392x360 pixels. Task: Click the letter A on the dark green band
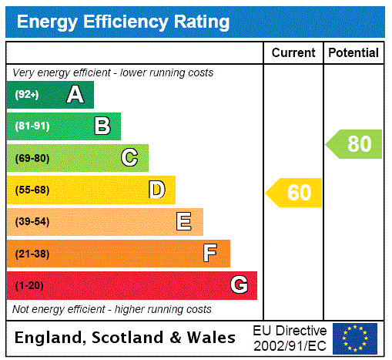75,95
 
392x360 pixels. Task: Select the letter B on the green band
102,126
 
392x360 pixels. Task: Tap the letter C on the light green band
129,158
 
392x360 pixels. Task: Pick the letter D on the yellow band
156,190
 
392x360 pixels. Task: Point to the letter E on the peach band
184,222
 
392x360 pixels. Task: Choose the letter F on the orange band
210,254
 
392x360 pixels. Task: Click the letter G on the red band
239,285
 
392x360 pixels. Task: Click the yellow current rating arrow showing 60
294,193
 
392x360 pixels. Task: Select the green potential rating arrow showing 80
353,144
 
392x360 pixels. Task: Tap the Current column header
293,53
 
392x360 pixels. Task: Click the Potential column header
353,53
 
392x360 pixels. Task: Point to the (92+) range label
27,95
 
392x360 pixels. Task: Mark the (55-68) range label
32,190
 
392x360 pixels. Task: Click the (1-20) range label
29,285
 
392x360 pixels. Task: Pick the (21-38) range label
32,254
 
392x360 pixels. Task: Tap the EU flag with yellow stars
355,338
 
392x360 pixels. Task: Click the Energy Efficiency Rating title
123,22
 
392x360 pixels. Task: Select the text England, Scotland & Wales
126,338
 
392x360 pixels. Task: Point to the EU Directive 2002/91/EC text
290,338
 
